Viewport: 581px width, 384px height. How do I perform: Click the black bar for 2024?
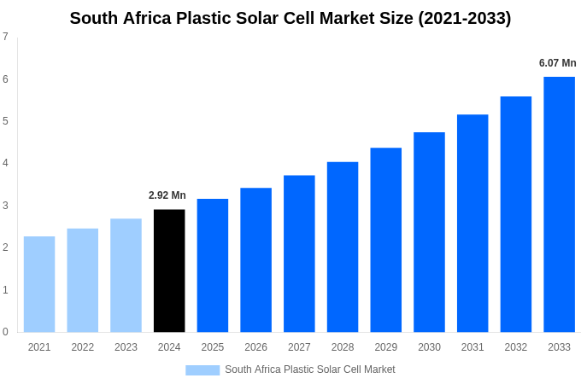point(169,271)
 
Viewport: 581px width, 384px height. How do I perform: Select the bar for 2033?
point(559,204)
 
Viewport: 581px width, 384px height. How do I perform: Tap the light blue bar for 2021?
point(39,284)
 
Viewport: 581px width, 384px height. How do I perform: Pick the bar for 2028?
point(343,247)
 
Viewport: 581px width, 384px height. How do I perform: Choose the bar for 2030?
point(429,232)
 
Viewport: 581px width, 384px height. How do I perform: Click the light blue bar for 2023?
point(126,275)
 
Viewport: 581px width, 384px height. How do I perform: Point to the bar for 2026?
point(255,259)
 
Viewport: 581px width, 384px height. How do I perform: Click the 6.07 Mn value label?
point(557,63)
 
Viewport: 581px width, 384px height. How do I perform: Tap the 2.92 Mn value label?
point(167,195)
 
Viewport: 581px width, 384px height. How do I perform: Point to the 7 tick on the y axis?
point(5,37)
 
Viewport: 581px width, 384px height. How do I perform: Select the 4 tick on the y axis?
point(5,163)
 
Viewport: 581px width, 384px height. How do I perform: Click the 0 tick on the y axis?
point(5,332)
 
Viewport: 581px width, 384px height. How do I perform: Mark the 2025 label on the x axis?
point(213,347)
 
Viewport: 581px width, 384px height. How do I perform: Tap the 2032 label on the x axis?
point(516,347)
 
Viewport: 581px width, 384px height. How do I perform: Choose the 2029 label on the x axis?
point(386,347)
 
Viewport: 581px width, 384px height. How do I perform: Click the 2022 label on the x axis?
point(83,347)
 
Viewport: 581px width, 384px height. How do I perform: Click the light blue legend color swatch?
point(202,370)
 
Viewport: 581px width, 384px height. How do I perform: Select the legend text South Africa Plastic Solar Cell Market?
point(310,369)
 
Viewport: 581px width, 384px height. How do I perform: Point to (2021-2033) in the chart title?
point(465,18)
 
